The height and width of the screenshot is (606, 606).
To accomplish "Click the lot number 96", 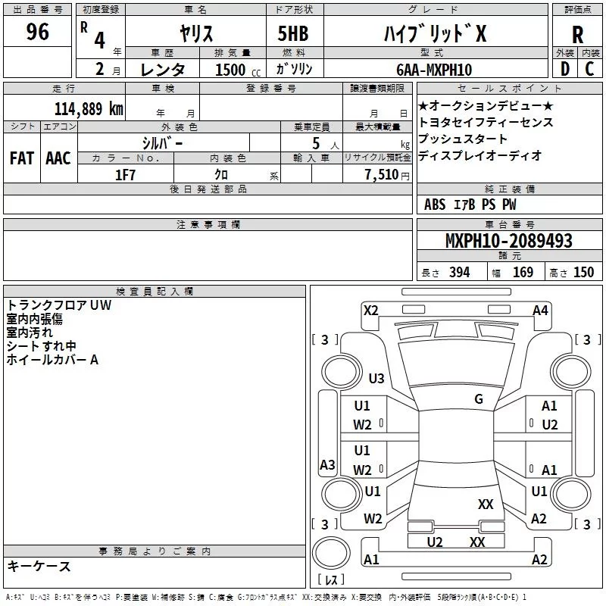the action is pyautogui.click(x=37, y=33).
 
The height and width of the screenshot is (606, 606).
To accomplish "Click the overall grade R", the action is pyautogui.click(x=577, y=34).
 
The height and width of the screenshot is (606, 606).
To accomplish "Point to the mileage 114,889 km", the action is pyautogui.click(x=89, y=108).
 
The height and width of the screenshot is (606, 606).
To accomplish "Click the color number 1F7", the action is pyautogui.click(x=125, y=173).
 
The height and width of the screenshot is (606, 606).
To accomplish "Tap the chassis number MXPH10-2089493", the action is pyautogui.click(x=508, y=241).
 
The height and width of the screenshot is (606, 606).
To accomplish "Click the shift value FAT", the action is pyautogui.click(x=21, y=158).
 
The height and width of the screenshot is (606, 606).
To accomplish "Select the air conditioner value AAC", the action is pyautogui.click(x=58, y=158).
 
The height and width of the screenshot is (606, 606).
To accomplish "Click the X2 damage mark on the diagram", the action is pyautogui.click(x=371, y=310).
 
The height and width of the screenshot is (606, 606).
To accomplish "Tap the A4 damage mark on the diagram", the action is pyautogui.click(x=540, y=310).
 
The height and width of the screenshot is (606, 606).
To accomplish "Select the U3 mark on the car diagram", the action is pyautogui.click(x=376, y=378).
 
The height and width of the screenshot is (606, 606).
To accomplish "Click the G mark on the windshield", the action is pyautogui.click(x=479, y=398).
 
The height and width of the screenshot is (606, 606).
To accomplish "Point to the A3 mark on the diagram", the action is pyautogui.click(x=327, y=464).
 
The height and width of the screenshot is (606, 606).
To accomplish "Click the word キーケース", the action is pyautogui.click(x=39, y=567).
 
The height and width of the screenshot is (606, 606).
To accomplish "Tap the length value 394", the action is pyautogui.click(x=459, y=273).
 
